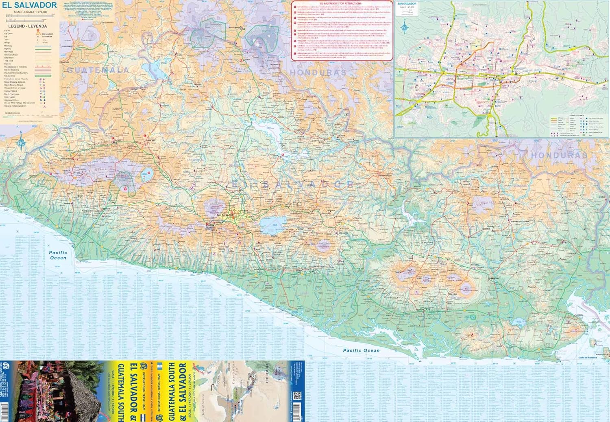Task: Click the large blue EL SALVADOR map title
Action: coord(29,5)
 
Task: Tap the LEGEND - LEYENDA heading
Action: coord(28,26)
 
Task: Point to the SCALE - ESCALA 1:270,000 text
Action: coord(30,12)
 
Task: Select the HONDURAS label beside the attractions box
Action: coord(318,73)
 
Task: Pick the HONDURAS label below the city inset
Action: coord(559,155)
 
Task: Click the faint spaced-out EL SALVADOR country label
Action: coord(293,185)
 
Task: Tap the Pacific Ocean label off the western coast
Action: coord(58,255)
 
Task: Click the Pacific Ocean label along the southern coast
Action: coord(361,350)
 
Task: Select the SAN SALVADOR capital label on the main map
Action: coord(224,215)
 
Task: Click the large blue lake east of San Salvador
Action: coord(272,225)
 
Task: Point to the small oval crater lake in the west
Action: coord(146,175)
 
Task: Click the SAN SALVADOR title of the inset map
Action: coord(407,4)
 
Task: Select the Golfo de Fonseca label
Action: coord(587,358)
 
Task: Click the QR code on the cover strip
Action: coord(296,396)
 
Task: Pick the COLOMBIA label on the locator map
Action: coord(267,374)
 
